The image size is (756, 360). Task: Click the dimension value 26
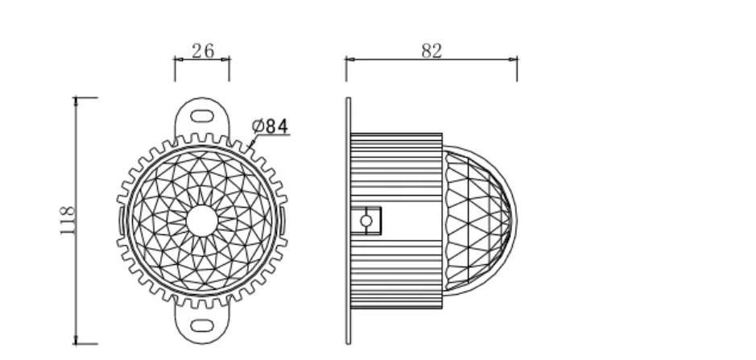point(203,51)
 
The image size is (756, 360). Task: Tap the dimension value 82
point(432,51)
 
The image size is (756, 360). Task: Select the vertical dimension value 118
point(68,221)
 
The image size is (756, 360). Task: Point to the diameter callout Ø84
point(270,126)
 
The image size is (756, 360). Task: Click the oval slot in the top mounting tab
point(202,116)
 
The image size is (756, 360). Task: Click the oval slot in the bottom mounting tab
point(202,325)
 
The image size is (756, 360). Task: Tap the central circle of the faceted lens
point(202,221)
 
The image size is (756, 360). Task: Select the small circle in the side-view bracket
point(366,221)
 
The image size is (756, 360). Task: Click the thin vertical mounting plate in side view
point(348,221)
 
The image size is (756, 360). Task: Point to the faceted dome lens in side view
point(477,221)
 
